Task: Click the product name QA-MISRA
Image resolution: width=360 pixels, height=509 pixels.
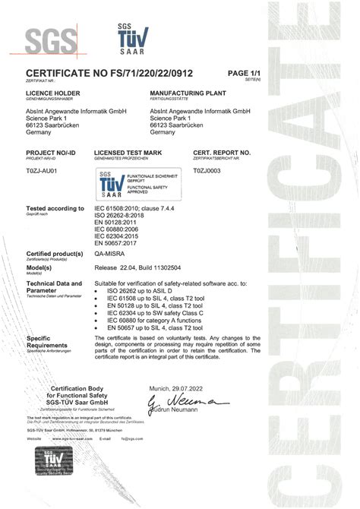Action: [111, 255]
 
